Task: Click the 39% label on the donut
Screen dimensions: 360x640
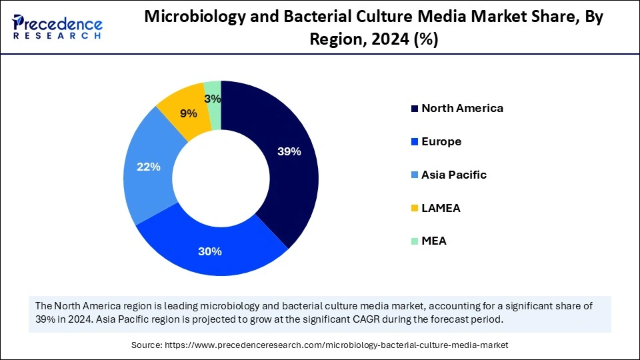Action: pos(289,151)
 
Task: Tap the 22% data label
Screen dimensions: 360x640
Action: pos(149,167)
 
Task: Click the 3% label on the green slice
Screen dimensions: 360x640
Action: pos(213,99)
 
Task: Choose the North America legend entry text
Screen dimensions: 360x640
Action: pos(462,108)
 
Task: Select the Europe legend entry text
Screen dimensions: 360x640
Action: pos(441,141)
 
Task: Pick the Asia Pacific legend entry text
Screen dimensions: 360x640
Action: pos(454,175)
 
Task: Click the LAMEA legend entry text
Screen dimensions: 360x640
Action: pos(441,208)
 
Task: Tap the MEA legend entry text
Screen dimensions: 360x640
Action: pos(434,241)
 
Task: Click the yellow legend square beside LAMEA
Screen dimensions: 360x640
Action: pos(415,209)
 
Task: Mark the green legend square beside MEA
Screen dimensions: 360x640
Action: pos(415,241)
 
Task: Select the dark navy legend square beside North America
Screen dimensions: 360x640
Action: pos(415,109)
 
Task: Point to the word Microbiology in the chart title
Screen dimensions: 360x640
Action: pos(190,18)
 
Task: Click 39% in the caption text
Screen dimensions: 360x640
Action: pos(46,319)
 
